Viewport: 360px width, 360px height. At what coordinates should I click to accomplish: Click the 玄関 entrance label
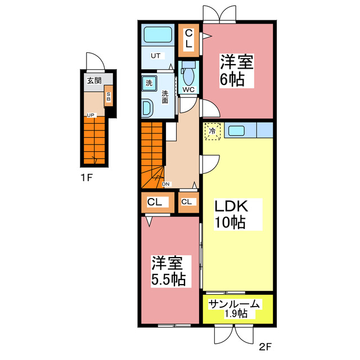pyautogui.click(x=94, y=80)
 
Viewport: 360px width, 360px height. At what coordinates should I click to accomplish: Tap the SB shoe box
pyautogui.click(x=109, y=96)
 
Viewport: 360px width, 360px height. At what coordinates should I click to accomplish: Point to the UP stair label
pyautogui.click(x=91, y=115)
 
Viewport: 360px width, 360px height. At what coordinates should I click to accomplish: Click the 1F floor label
pyautogui.click(x=87, y=178)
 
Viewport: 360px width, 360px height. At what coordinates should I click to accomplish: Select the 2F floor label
pyautogui.click(x=265, y=346)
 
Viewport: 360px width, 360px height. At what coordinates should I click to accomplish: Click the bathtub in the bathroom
pyautogui.click(x=157, y=35)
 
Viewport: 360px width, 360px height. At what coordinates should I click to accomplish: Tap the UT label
pyautogui.click(x=155, y=56)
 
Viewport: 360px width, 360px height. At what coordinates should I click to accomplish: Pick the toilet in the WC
pyautogui.click(x=188, y=73)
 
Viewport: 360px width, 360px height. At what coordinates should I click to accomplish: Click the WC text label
pyautogui.click(x=188, y=90)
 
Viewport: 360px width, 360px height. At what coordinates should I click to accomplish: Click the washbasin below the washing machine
pyautogui.click(x=146, y=107)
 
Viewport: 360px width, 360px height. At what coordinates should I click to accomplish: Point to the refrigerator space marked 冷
pyautogui.click(x=213, y=131)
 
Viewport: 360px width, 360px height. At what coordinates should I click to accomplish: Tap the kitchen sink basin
pyautogui.click(x=236, y=130)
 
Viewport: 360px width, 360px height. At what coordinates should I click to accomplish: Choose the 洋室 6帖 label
pyautogui.click(x=237, y=71)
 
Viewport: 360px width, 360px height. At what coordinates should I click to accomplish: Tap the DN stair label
pyautogui.click(x=166, y=184)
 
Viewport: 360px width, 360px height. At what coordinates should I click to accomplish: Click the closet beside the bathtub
pyautogui.click(x=189, y=40)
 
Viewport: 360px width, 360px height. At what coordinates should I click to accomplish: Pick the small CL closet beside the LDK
pyautogui.click(x=188, y=202)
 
